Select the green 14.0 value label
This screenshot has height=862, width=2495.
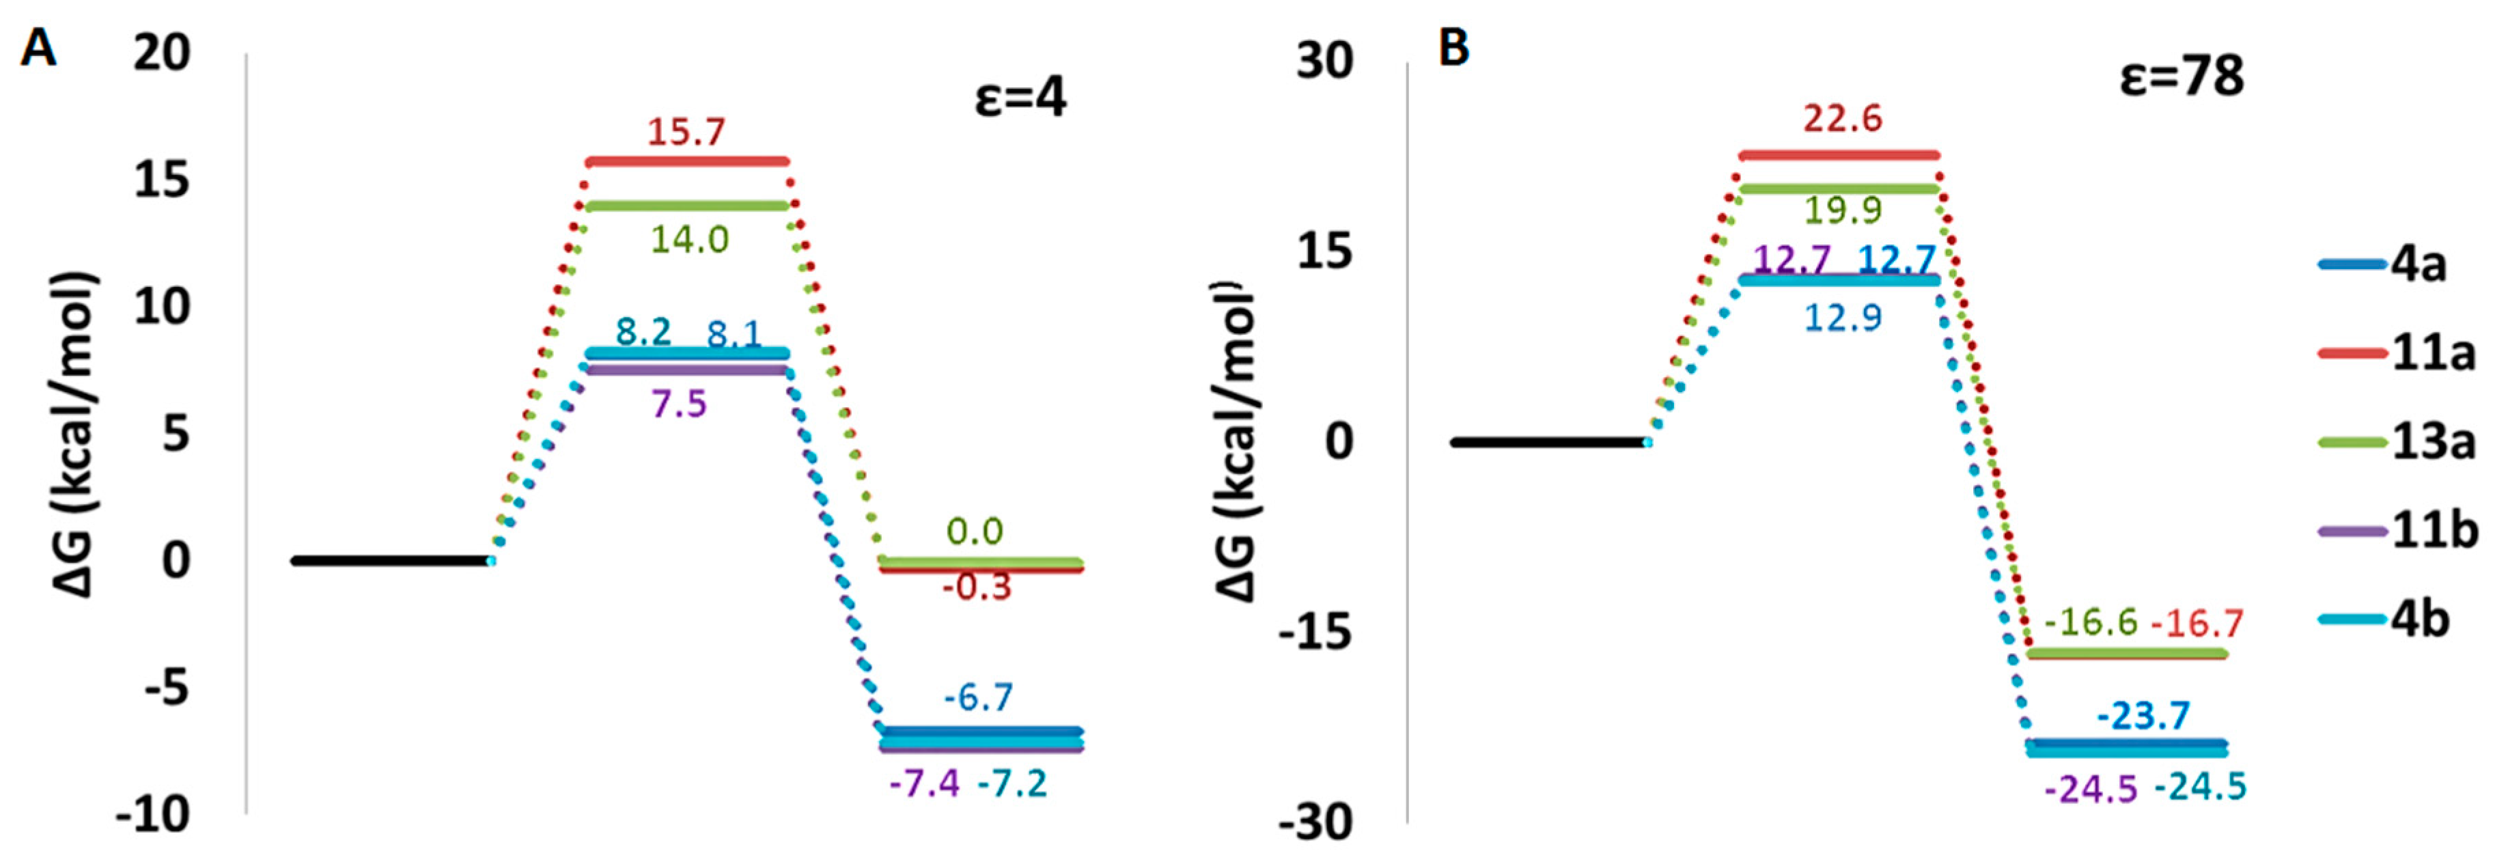click(x=688, y=239)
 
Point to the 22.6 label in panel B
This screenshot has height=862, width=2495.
click(x=1841, y=119)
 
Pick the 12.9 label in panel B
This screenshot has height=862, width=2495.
click(x=1842, y=318)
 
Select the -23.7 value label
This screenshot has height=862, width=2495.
click(x=2143, y=716)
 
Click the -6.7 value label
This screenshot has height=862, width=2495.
click(x=978, y=697)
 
